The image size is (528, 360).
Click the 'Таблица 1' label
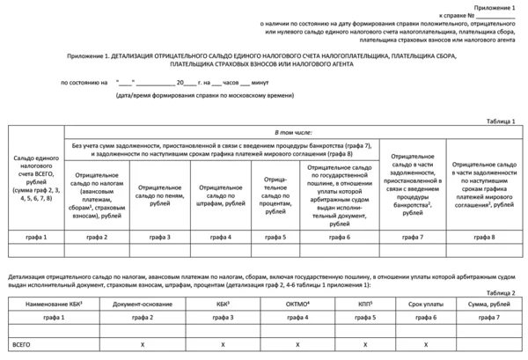[502, 121]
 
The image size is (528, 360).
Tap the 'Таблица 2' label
[502, 291]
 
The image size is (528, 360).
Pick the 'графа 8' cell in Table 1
[481, 237]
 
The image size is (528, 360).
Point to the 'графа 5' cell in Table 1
[275, 237]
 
